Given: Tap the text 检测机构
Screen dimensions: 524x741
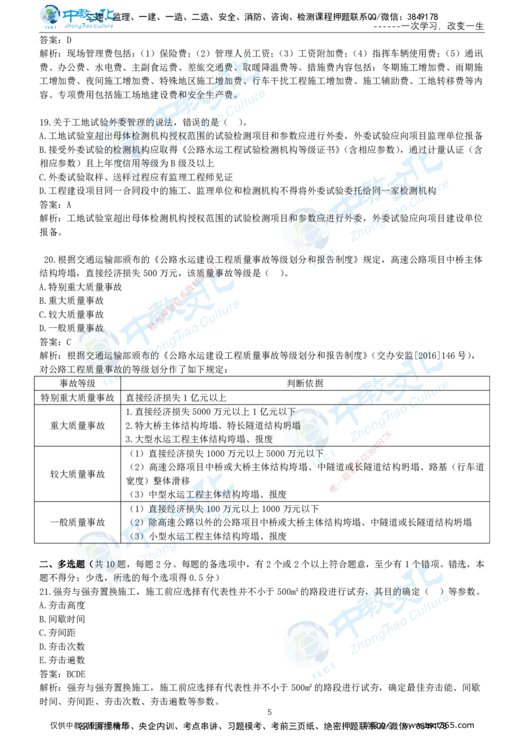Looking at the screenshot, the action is coord(138,150).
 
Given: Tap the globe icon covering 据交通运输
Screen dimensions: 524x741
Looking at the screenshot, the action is coord(98,350).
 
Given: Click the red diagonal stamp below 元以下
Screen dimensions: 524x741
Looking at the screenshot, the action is coord(360,461).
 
